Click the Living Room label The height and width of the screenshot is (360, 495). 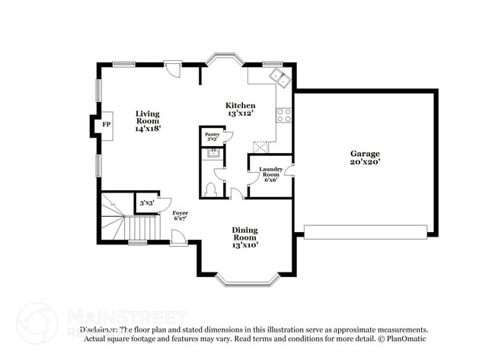147,121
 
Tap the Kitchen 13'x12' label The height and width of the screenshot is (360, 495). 240,109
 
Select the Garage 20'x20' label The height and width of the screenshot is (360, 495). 365,156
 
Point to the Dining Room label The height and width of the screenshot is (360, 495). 244,237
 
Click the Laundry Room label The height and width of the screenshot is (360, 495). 270,174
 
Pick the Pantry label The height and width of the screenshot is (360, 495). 212,137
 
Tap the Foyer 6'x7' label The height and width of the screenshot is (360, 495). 180,217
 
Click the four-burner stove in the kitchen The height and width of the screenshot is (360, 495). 284,115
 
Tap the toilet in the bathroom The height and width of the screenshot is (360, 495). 211,190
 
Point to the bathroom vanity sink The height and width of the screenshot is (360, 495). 212,155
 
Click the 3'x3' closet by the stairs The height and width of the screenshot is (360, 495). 147,203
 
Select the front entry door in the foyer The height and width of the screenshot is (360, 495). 178,241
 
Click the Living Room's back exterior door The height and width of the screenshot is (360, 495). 174,70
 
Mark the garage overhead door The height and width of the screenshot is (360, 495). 366,232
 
